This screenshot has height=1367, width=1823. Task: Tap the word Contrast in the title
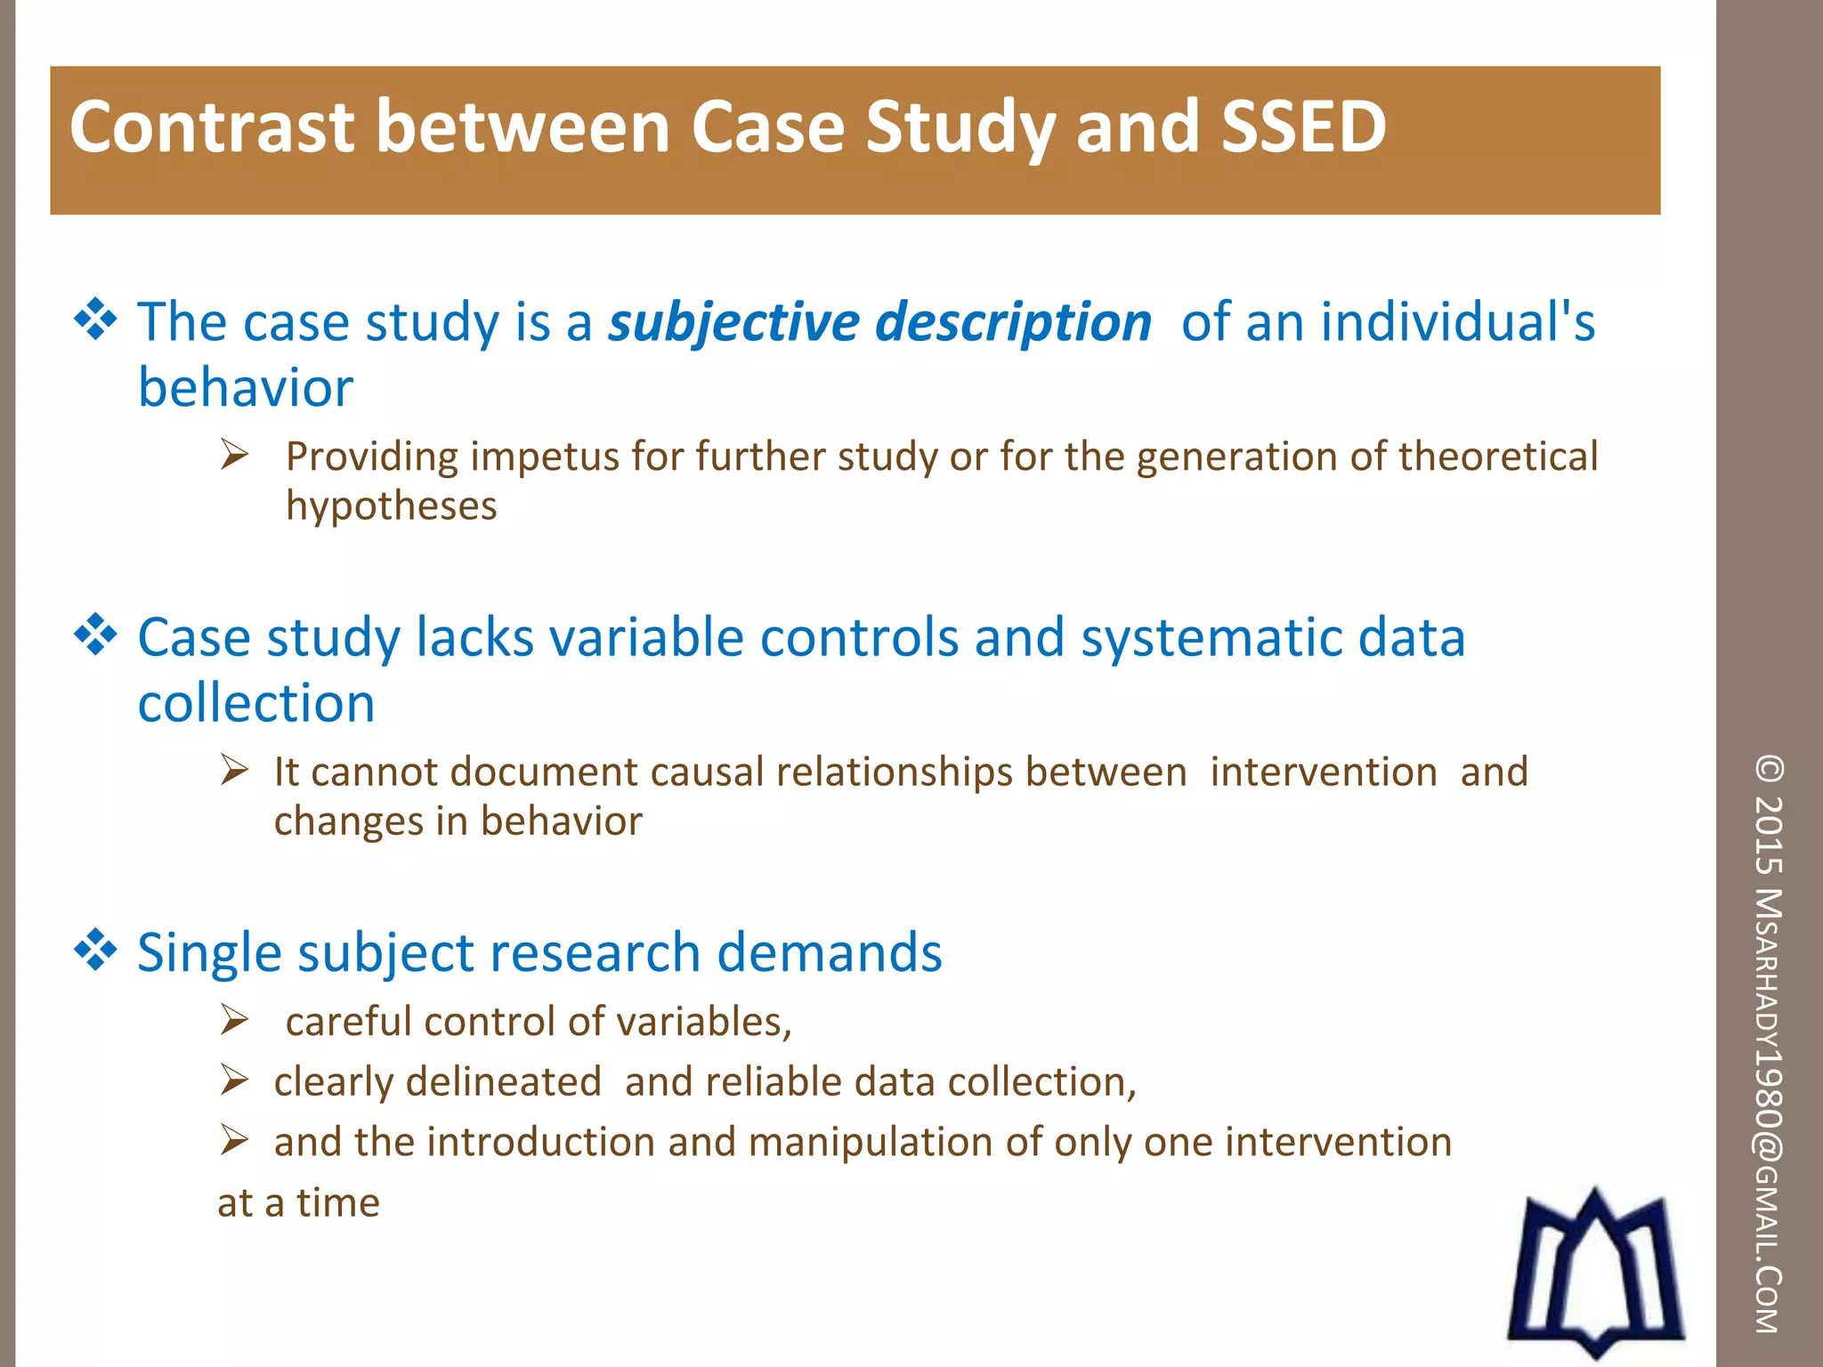click(x=212, y=126)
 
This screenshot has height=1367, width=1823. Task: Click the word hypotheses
click(x=391, y=506)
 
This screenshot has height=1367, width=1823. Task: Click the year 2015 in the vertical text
click(x=1770, y=835)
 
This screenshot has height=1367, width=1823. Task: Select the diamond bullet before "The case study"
click(x=95, y=320)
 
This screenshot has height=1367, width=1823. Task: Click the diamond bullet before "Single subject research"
click(x=95, y=950)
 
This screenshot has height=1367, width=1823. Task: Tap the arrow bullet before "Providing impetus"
click(x=235, y=456)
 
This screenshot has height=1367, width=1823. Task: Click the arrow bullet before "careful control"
click(x=235, y=1020)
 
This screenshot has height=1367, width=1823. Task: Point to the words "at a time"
click(x=298, y=1203)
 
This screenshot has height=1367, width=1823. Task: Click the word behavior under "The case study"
click(x=246, y=389)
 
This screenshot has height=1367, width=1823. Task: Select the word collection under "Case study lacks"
click(x=256, y=704)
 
